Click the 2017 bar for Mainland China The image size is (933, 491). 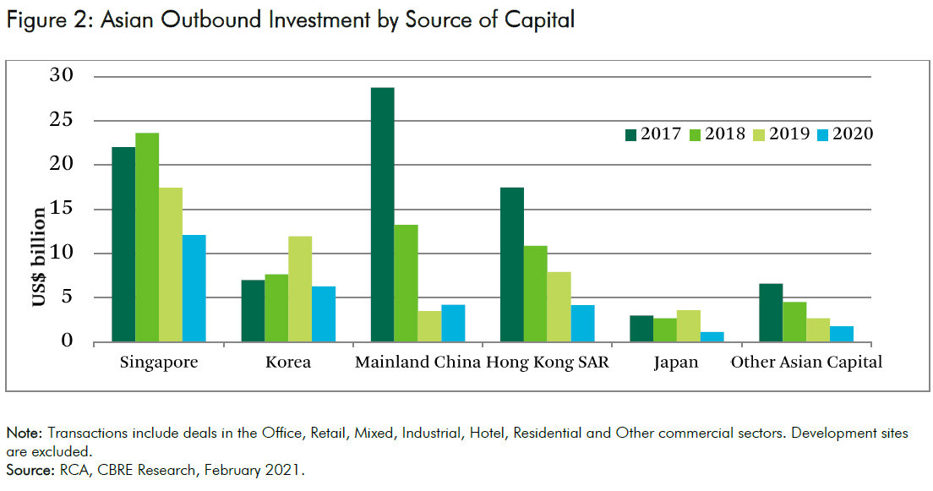coord(382,215)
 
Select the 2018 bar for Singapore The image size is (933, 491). coord(147,237)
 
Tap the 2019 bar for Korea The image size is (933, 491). coord(300,289)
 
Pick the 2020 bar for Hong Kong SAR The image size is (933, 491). coord(582,324)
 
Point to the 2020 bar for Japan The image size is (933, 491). coord(712,337)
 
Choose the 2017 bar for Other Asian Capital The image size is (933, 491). coord(771,313)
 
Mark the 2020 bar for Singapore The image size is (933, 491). coord(194,288)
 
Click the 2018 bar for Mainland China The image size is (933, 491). coord(406,283)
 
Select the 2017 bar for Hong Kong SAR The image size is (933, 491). coord(512,265)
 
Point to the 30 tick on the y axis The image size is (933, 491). coord(62,76)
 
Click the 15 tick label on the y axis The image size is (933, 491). coord(62,209)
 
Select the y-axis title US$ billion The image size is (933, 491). coord(40,258)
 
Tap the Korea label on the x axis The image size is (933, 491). coord(288,363)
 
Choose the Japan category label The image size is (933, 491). coord(676,363)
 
